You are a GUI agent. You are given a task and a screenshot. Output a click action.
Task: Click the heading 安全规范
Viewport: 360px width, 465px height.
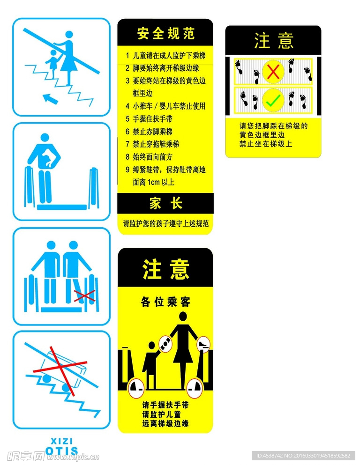pos(165,33)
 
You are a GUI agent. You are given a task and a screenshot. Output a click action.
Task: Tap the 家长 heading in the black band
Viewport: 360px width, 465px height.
pos(165,203)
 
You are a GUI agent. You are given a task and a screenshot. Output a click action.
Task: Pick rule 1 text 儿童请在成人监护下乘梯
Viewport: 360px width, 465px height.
pos(169,55)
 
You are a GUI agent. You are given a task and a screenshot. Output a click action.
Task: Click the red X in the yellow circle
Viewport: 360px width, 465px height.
pos(272,72)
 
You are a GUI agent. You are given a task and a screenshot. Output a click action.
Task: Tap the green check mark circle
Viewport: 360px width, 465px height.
pos(272,99)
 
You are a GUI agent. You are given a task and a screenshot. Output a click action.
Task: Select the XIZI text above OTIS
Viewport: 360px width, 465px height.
pos(61,441)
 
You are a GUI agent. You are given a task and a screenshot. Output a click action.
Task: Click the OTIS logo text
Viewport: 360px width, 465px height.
pos(61,451)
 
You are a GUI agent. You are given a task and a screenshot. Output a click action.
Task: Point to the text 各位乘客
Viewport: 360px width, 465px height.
pos(165,302)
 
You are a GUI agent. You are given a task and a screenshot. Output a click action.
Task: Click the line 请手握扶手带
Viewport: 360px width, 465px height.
pos(165,405)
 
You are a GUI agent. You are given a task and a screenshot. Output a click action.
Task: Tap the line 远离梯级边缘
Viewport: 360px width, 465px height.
pos(165,423)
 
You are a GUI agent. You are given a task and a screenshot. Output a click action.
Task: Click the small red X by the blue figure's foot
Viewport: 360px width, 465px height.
pos(85,295)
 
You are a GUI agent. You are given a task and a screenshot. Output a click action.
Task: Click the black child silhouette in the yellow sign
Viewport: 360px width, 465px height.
pos(150,363)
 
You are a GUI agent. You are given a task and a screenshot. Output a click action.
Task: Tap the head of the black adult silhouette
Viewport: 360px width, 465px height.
pos(183,316)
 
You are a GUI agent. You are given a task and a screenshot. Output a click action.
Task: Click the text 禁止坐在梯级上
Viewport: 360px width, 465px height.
pos(266,144)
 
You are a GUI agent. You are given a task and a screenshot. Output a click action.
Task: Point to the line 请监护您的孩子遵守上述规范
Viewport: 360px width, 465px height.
pos(165,223)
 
